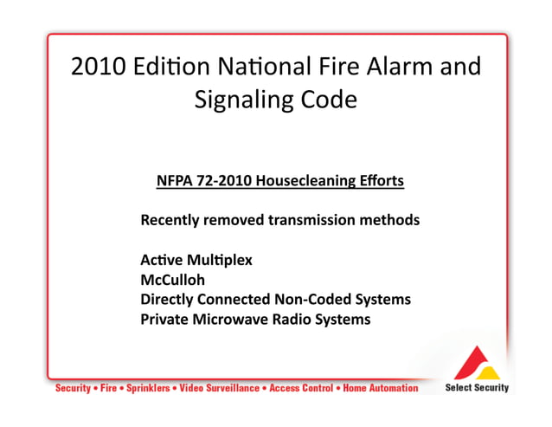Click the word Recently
click(170, 220)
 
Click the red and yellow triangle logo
click(478, 364)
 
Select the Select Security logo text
click(477, 388)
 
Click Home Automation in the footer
click(381, 388)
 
